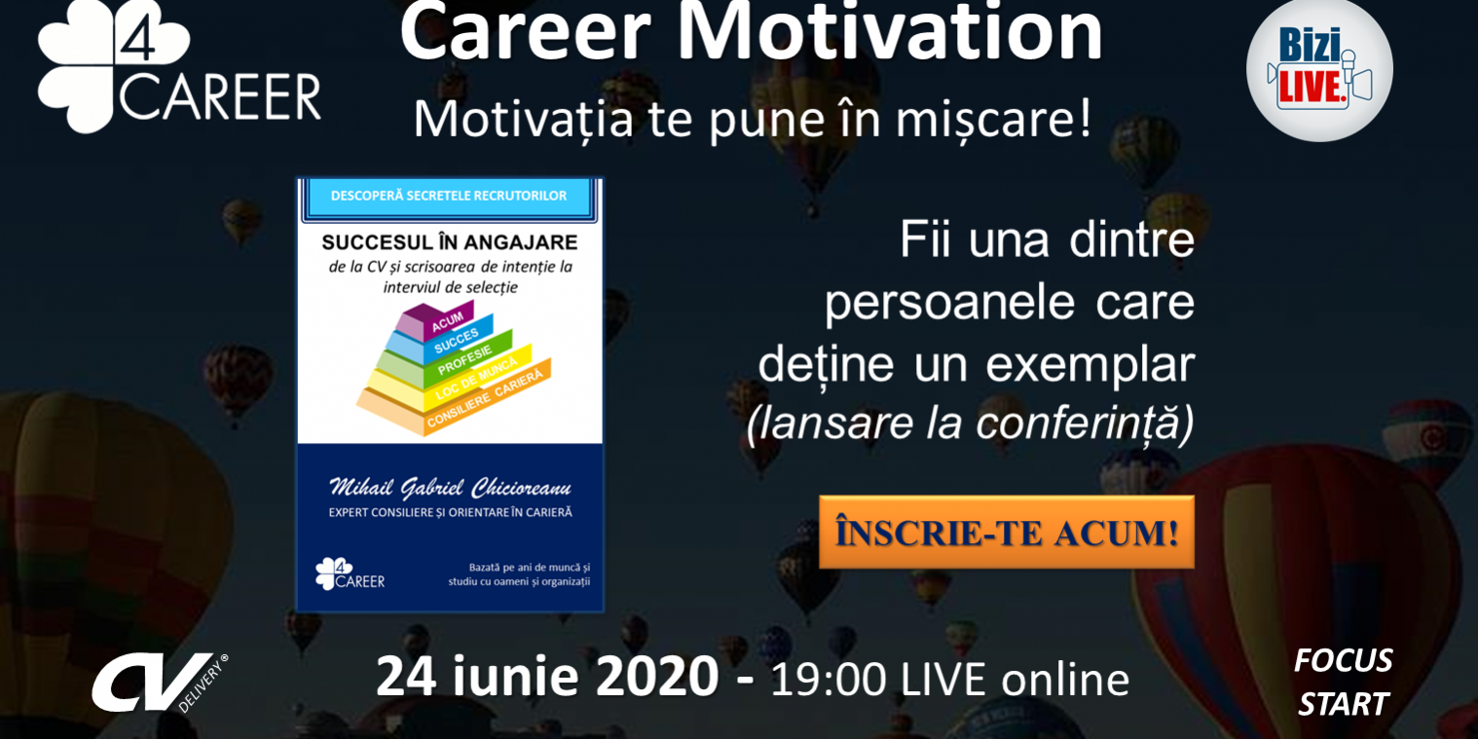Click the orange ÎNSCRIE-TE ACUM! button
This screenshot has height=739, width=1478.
tap(1006, 533)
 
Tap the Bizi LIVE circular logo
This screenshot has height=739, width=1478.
tap(1319, 68)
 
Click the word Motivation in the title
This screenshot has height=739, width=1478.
tap(890, 33)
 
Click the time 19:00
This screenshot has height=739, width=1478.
tap(828, 679)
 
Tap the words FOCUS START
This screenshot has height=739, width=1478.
tap(1343, 682)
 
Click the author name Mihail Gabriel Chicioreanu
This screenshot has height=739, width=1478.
tap(450, 487)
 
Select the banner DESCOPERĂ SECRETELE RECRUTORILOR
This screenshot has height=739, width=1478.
tap(449, 196)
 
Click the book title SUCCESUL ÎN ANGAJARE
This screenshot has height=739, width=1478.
tap(449, 242)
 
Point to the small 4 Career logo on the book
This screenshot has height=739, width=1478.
tap(350, 573)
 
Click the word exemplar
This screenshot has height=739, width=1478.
tap(1090, 365)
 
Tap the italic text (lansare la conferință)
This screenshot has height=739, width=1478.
tap(970, 423)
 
